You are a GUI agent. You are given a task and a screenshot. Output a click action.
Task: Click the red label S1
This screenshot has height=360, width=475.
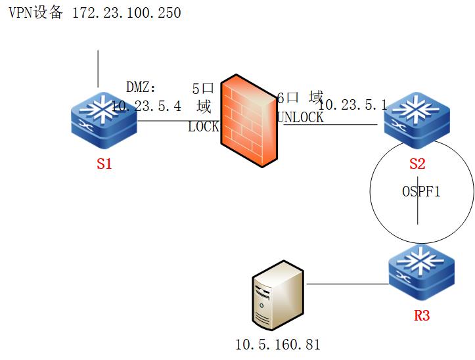(x=104, y=165)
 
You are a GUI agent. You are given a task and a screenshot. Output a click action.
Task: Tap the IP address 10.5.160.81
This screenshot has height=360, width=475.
(x=278, y=344)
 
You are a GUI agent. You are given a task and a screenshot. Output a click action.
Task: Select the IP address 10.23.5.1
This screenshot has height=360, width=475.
(x=353, y=105)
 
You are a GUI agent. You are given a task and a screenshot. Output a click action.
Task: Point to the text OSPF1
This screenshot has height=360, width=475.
(x=420, y=193)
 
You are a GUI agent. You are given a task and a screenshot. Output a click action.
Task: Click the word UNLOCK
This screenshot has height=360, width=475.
(x=301, y=118)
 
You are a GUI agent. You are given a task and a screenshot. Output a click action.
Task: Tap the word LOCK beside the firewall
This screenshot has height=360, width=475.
(x=203, y=127)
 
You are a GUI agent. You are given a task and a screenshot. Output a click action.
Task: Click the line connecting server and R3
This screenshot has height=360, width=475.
(x=347, y=284)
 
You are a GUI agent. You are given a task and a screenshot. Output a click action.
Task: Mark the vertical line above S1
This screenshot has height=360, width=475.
(x=98, y=68)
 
